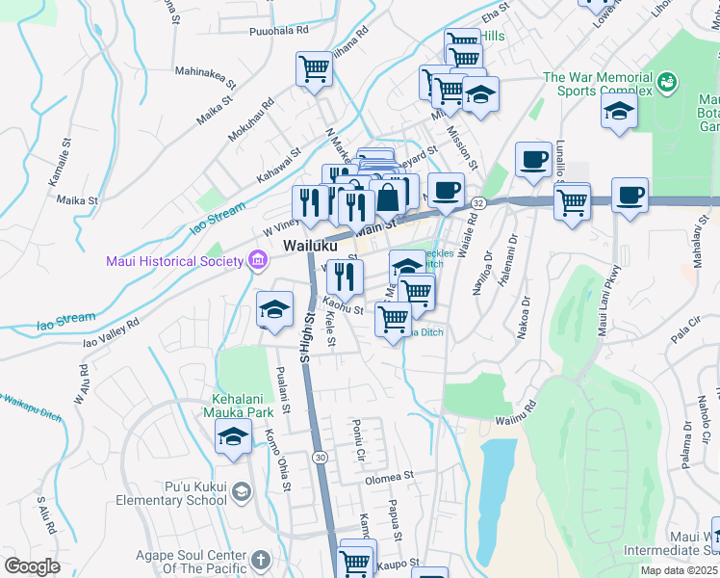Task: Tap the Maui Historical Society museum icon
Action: click(256, 259)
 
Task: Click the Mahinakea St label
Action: click(204, 70)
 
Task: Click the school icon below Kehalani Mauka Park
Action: click(233, 437)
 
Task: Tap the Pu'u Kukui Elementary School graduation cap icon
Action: click(240, 492)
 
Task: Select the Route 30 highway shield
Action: click(320, 456)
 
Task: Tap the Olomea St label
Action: click(389, 476)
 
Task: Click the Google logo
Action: click(32, 566)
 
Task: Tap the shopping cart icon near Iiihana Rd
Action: click(314, 68)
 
